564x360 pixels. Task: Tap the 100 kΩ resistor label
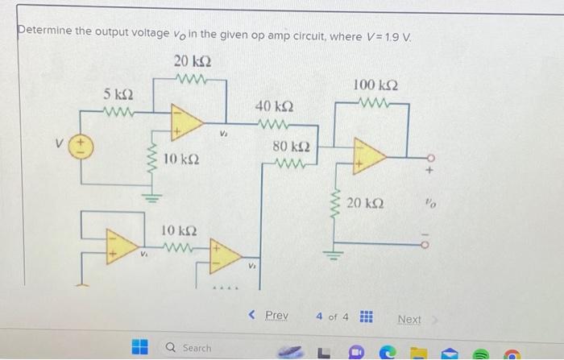coord(375,85)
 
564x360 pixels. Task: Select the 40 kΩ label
coord(274,106)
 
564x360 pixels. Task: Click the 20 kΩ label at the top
coord(193,61)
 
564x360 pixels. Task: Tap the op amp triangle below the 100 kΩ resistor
coord(367,154)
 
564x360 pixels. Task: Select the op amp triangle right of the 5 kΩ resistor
coord(185,121)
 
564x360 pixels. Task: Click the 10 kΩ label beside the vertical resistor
coord(182,161)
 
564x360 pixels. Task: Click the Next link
coord(409,319)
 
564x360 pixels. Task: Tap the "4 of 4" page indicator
coord(334,317)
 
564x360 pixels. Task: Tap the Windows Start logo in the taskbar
coord(141,347)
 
